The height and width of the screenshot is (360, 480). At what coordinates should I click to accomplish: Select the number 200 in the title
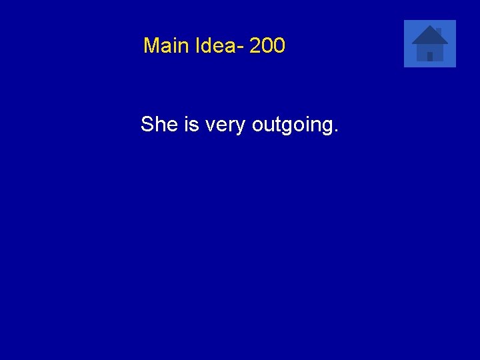coord(267,46)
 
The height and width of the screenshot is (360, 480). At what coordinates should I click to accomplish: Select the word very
coord(225,125)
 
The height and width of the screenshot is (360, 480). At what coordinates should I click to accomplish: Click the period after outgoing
coord(335,130)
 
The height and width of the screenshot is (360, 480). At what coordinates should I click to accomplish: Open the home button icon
coord(430,43)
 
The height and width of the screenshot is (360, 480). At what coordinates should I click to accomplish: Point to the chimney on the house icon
coord(439,31)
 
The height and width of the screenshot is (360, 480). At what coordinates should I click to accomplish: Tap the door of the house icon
coord(430,56)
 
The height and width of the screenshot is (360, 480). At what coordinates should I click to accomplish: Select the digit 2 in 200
coord(255,46)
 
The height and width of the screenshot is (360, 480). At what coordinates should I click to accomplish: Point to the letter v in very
coord(210,126)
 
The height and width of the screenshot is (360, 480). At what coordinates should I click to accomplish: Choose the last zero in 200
coord(279,46)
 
